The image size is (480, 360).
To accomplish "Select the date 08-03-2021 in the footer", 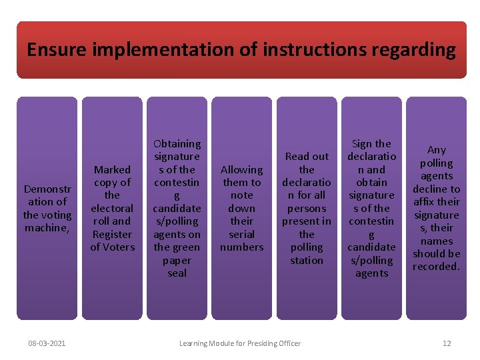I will [x=47, y=343].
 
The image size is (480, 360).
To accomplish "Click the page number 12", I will [x=447, y=343].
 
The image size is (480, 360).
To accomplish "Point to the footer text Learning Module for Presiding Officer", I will [x=240, y=343].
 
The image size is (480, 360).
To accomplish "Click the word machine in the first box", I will [x=47, y=228].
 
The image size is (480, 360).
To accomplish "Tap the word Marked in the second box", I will [x=112, y=169].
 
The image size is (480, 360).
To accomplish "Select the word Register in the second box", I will [x=112, y=234].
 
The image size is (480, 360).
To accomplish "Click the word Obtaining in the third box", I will [x=177, y=143].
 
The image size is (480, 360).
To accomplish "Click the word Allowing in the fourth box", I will [x=241, y=169].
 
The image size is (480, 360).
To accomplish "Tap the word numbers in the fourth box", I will [x=241, y=247].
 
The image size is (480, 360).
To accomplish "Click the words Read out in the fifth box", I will [x=307, y=157].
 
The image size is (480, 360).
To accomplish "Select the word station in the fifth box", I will [x=307, y=260].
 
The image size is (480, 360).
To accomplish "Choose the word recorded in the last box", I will [x=435, y=267].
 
